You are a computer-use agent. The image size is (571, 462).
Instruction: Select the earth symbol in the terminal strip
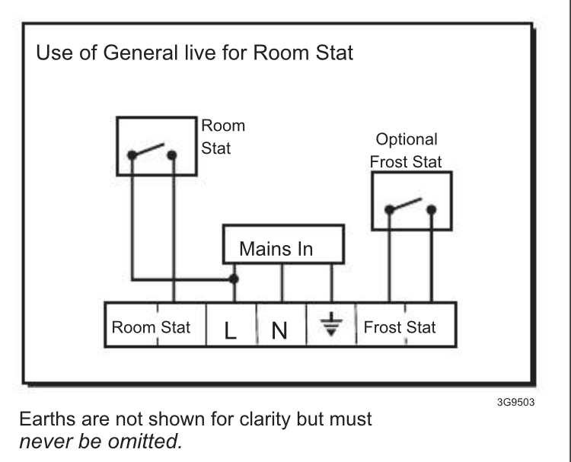331,324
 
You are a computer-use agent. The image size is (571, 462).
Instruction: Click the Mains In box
283,244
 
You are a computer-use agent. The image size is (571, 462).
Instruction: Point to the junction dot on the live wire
234,279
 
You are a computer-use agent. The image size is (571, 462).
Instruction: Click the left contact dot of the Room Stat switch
132,155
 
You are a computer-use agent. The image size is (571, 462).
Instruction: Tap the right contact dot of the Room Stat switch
172,155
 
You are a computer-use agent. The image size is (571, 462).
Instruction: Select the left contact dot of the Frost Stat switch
389,210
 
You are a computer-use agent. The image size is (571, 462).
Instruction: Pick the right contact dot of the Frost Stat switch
432,210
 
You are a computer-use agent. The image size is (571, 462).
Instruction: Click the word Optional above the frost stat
407,139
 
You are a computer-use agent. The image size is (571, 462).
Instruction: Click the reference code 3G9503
515,403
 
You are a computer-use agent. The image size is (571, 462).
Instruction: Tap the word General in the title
140,53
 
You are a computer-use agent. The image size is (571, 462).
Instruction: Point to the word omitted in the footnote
145,441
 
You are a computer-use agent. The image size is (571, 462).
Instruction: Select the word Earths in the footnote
48,419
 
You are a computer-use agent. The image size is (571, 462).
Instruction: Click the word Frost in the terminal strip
382,327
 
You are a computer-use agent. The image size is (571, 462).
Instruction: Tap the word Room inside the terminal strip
134,327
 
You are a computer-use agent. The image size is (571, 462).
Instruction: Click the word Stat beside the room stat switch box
216,148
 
